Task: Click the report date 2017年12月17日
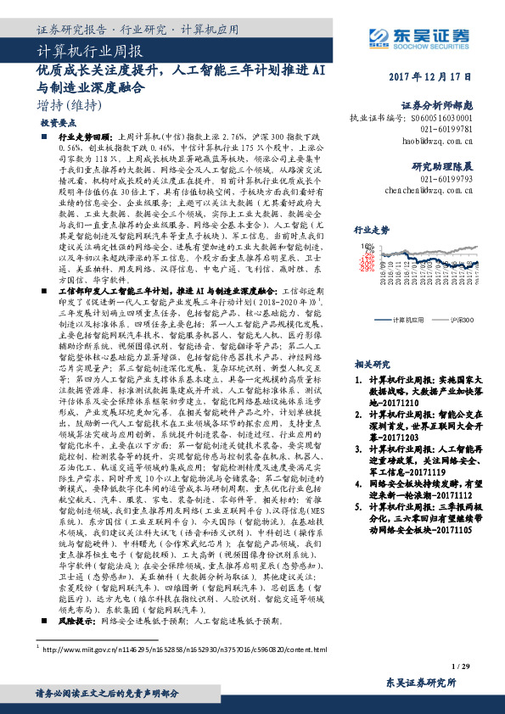[x=431, y=78]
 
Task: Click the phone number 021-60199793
[x=446, y=156]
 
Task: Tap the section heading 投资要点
[x=53, y=122]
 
